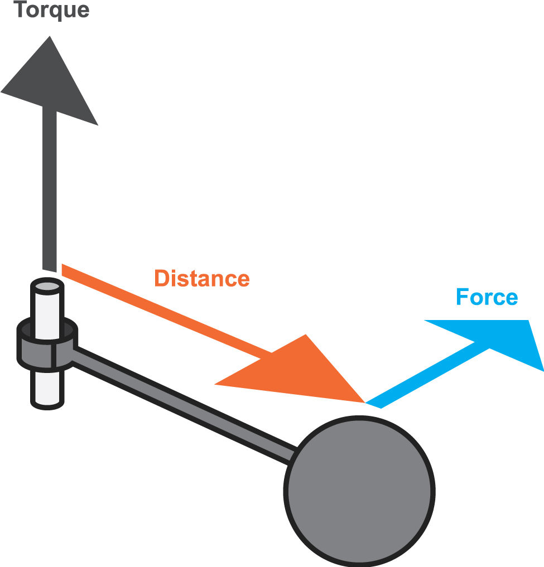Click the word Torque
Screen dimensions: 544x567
(51, 10)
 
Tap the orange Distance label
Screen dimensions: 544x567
(202, 278)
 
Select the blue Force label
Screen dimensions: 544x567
(487, 297)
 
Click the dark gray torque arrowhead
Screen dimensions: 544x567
(50, 81)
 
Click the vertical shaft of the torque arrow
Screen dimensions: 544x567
(50, 188)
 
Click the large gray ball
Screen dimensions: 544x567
(359, 491)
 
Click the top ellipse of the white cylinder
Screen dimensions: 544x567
(47, 287)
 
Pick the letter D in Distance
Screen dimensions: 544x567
(162, 278)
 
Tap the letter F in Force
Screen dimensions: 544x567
(462, 297)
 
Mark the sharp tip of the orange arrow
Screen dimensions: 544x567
(365, 402)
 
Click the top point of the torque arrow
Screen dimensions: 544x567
(50, 36)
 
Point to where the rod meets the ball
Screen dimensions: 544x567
(293, 454)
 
